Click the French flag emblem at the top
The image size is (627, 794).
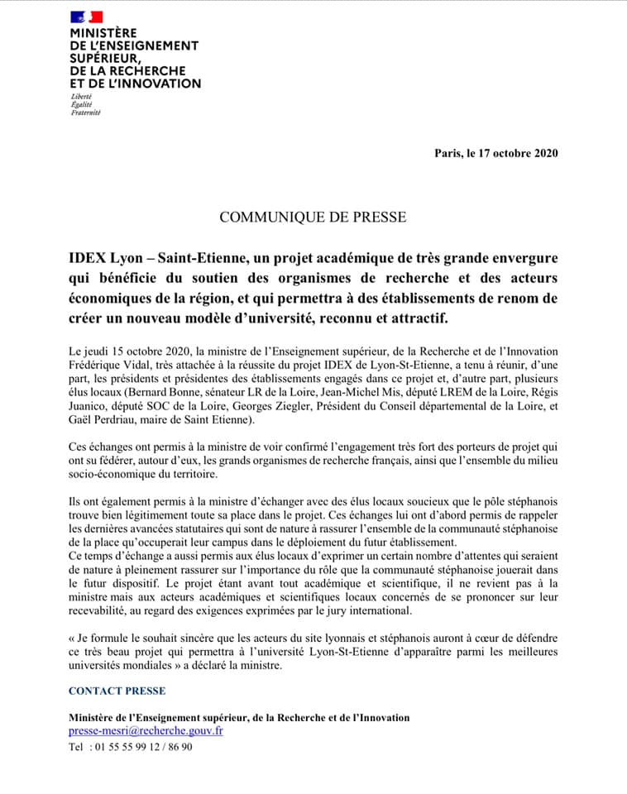point(86,16)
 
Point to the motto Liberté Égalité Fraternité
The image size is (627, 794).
point(86,105)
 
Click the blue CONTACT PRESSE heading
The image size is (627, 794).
point(117,691)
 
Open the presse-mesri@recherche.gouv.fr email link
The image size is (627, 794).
point(146,731)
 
